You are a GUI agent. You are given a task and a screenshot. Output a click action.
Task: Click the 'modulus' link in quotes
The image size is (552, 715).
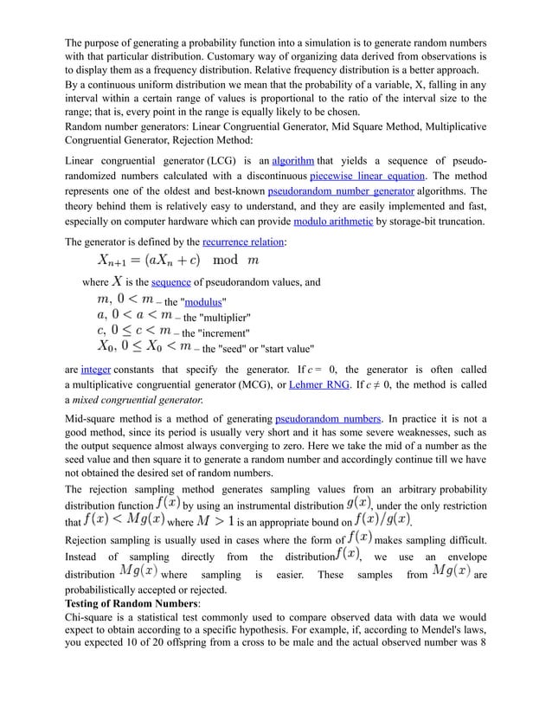pyautogui.click(x=203, y=302)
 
